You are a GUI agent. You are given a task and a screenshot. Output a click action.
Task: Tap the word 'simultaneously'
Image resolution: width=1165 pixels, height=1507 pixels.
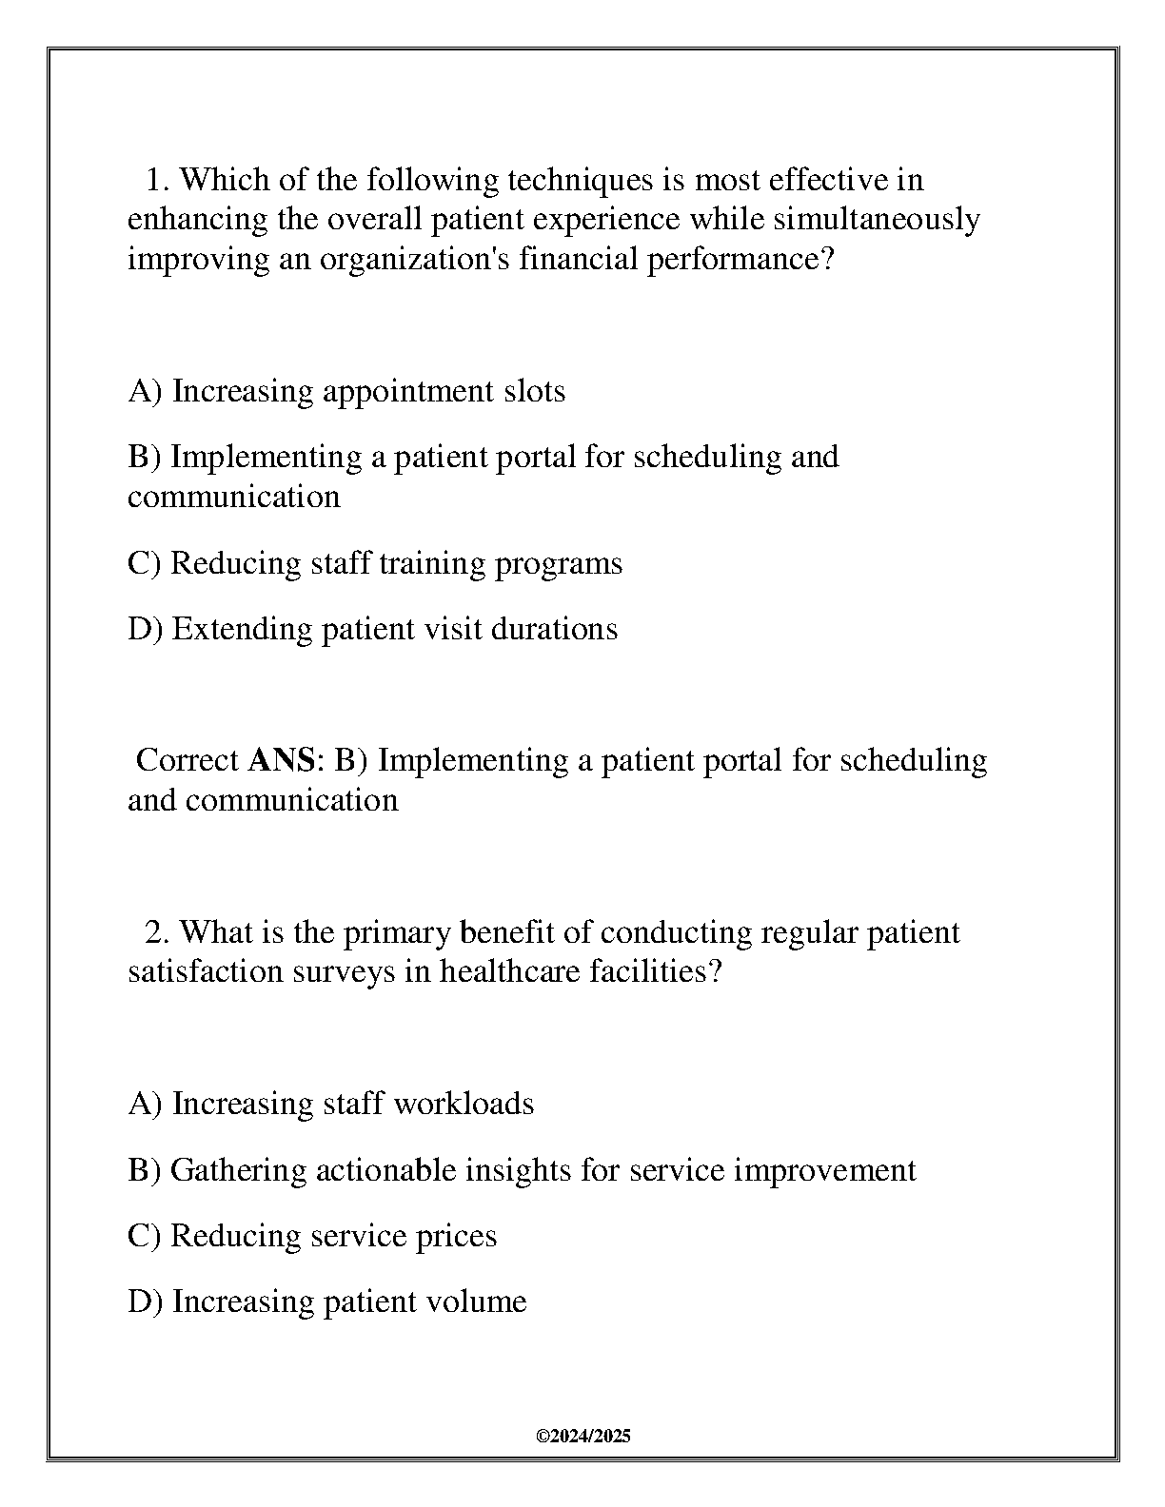point(876,220)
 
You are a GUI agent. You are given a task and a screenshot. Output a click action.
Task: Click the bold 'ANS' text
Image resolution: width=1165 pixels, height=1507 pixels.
point(281,760)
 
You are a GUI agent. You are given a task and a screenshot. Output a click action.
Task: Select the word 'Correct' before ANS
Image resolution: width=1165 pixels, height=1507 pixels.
point(188,760)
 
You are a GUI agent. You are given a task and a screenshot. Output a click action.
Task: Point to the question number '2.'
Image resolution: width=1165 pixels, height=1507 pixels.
point(157,932)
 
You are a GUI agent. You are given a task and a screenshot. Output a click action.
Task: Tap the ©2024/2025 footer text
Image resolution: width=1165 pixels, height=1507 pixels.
point(583,1437)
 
